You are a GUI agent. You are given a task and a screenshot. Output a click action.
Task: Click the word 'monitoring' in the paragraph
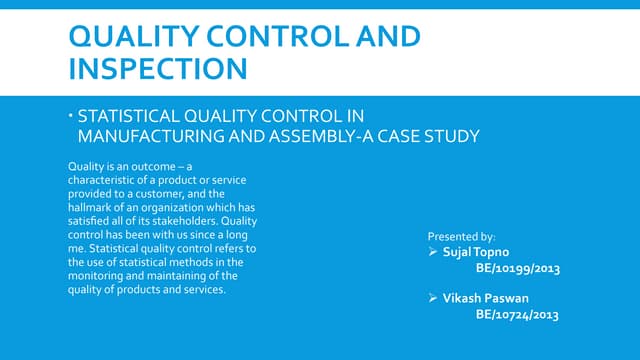point(97,276)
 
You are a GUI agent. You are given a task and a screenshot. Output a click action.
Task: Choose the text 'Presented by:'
point(455,237)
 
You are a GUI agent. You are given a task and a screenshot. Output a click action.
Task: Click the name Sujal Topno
point(476,254)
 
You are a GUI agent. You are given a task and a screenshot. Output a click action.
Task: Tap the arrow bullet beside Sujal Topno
point(433,254)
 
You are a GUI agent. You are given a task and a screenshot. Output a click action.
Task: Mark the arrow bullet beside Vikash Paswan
point(433,298)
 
